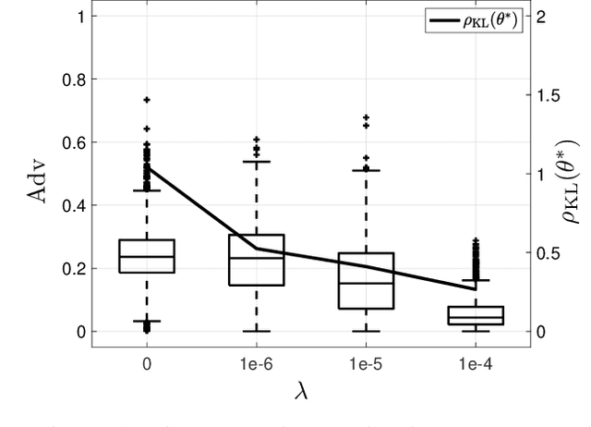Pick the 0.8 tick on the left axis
click(x=72, y=79)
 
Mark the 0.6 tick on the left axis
click(x=72, y=142)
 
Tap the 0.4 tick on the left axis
click(x=72, y=205)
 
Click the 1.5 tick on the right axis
click(x=548, y=95)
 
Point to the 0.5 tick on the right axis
click(x=548, y=252)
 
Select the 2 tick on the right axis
click(x=542, y=17)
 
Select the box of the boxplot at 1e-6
click(x=256, y=260)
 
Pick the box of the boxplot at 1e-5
click(x=366, y=280)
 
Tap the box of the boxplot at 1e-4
click(x=476, y=315)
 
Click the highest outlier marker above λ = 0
click(x=146, y=99)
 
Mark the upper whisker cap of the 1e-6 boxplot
click(x=256, y=161)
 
